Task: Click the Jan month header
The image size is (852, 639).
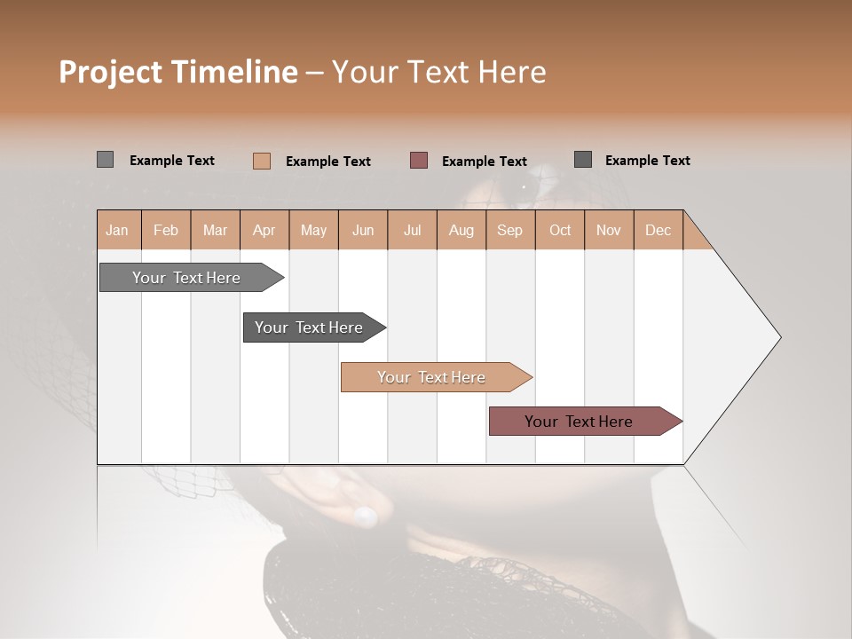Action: point(117,230)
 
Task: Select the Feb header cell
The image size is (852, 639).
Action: point(166,230)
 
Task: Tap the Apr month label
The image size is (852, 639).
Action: point(264,230)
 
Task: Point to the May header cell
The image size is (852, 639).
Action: point(313,230)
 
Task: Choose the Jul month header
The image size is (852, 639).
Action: point(412,230)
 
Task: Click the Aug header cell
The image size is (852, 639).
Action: point(461,230)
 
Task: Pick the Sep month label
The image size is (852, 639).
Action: point(509,230)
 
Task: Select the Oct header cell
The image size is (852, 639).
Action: point(560,230)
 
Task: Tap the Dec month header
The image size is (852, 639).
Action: point(658,230)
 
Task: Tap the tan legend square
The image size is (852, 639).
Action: point(262,161)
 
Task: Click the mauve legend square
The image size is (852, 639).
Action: point(419,161)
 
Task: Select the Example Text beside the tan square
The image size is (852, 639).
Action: point(327,162)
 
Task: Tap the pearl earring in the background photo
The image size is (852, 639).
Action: point(365,515)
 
